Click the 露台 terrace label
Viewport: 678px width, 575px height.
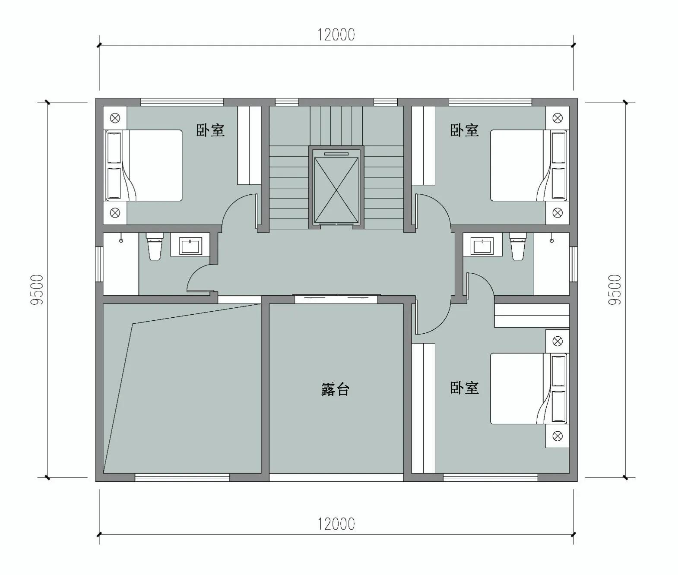(335, 389)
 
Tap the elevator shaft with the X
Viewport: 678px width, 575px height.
(336, 189)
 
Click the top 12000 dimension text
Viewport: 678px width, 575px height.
(336, 35)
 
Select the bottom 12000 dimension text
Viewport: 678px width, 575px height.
(336, 524)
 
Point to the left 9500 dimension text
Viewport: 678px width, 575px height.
(37, 290)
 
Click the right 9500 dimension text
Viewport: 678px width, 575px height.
(614, 290)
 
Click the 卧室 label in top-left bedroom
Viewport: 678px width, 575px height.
(210, 130)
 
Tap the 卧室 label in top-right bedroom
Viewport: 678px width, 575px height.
(464, 130)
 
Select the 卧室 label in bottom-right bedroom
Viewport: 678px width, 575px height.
(464, 387)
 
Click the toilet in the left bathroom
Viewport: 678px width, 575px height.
(154, 246)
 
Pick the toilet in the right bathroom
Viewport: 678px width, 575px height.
(517, 246)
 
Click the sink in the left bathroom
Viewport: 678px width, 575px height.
(190, 246)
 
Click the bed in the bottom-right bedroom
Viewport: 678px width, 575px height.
(523, 388)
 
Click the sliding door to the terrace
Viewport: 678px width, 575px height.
(336, 298)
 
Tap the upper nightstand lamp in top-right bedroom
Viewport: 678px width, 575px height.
(558, 117)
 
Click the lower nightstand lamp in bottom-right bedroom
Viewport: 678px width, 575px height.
(558, 436)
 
